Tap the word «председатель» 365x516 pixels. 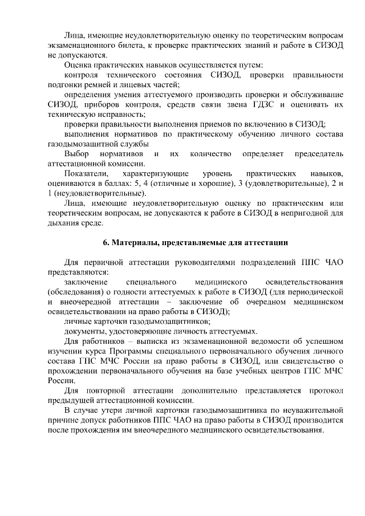coord(318,153)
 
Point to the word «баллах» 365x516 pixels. coord(116,183)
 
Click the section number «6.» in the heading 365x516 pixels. coord(106,242)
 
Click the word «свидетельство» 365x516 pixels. coord(305,361)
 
